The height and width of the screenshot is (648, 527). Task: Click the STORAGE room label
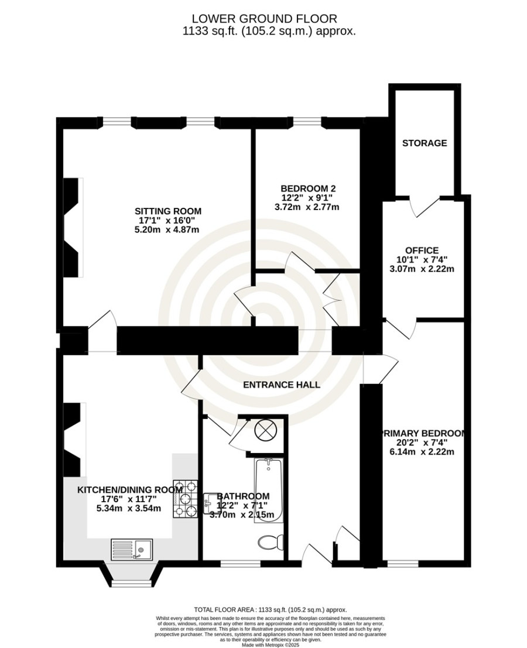425,143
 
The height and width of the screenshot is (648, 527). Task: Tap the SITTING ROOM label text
168,211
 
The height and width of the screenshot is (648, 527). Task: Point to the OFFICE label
422,251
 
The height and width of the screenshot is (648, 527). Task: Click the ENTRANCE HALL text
282,385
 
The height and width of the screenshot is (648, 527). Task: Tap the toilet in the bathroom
271,542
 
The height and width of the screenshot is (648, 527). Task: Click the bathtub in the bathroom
269,489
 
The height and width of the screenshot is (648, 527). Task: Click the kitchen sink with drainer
131,549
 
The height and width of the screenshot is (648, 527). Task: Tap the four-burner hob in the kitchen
186,499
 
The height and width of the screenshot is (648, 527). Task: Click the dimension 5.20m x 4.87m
167,230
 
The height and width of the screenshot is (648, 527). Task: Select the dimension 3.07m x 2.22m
422,269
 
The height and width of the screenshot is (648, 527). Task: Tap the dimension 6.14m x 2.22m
422,452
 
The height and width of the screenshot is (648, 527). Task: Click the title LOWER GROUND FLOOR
265,19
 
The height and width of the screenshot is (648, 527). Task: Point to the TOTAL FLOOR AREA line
271,609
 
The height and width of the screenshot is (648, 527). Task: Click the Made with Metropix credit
271,644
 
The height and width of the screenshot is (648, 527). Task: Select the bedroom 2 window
307,122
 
